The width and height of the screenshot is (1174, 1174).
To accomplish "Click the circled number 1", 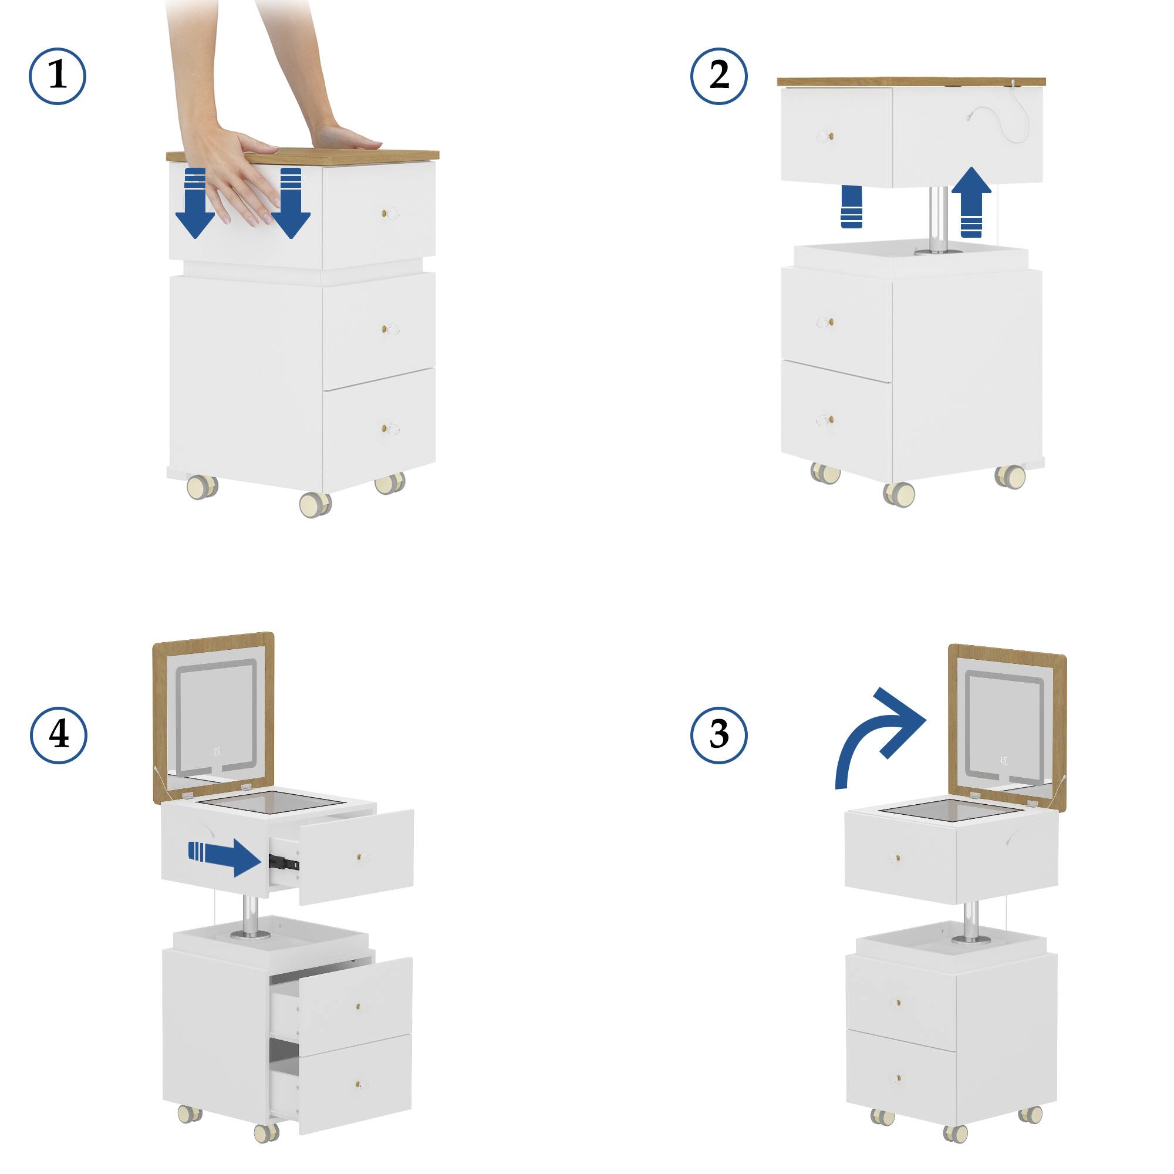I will [58, 76].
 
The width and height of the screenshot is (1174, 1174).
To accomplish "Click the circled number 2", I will [719, 76].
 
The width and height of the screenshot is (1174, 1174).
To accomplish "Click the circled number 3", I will [719, 735].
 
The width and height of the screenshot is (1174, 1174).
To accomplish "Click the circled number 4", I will [58, 736].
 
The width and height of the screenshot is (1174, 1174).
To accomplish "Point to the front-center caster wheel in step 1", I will [315, 504].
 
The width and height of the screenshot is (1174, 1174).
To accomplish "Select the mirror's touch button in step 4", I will [217, 753].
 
